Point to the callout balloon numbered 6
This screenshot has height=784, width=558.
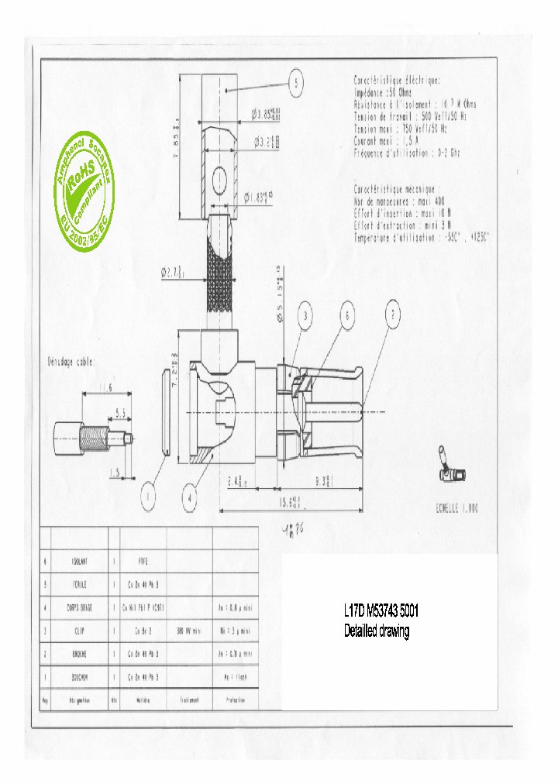(x=348, y=315)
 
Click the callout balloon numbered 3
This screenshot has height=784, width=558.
(x=306, y=315)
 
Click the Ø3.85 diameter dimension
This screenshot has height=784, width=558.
(x=264, y=114)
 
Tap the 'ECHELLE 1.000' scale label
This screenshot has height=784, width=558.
(x=457, y=508)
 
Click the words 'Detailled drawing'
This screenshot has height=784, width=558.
(x=377, y=631)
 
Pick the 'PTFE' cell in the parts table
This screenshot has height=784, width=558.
(x=142, y=559)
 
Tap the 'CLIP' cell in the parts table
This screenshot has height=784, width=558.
(x=80, y=631)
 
